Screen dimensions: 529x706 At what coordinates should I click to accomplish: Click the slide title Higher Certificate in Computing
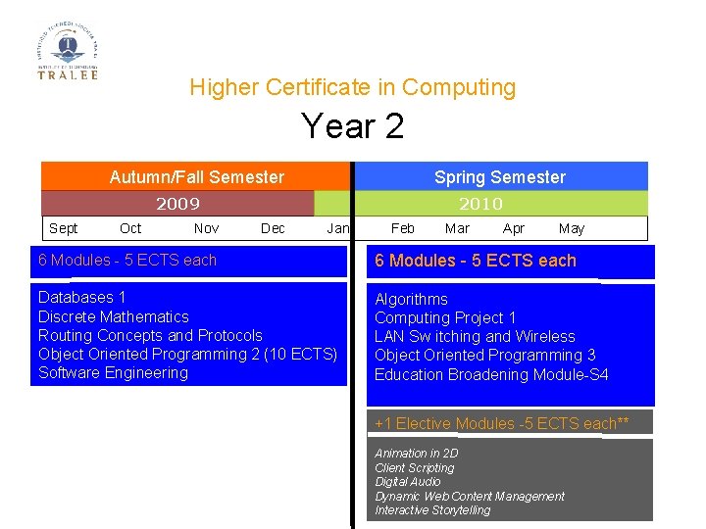click(352, 87)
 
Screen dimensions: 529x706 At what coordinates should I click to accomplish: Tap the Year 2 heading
click(352, 126)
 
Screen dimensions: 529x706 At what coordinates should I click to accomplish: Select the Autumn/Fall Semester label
click(196, 177)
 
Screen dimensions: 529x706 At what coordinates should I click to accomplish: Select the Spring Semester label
click(499, 177)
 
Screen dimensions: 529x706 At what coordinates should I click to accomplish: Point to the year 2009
click(177, 204)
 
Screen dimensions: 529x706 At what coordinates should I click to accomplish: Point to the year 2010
click(480, 204)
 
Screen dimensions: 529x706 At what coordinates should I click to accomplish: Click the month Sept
click(63, 228)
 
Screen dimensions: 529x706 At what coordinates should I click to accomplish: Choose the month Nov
click(206, 228)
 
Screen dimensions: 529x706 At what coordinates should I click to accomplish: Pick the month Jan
click(337, 228)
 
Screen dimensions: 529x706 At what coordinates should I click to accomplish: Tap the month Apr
click(513, 228)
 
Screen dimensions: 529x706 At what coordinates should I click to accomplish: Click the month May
click(571, 228)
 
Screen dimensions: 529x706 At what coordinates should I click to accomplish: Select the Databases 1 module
click(81, 297)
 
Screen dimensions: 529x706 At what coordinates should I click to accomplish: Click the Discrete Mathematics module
click(113, 316)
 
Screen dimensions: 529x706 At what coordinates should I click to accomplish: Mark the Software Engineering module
click(113, 372)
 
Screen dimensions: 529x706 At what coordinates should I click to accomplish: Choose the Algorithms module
click(411, 299)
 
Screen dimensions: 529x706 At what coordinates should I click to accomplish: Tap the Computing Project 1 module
click(445, 317)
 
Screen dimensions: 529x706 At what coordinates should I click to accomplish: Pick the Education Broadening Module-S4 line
click(491, 374)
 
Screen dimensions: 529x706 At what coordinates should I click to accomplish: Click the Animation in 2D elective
click(416, 454)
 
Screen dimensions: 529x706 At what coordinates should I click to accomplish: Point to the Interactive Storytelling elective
click(432, 510)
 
